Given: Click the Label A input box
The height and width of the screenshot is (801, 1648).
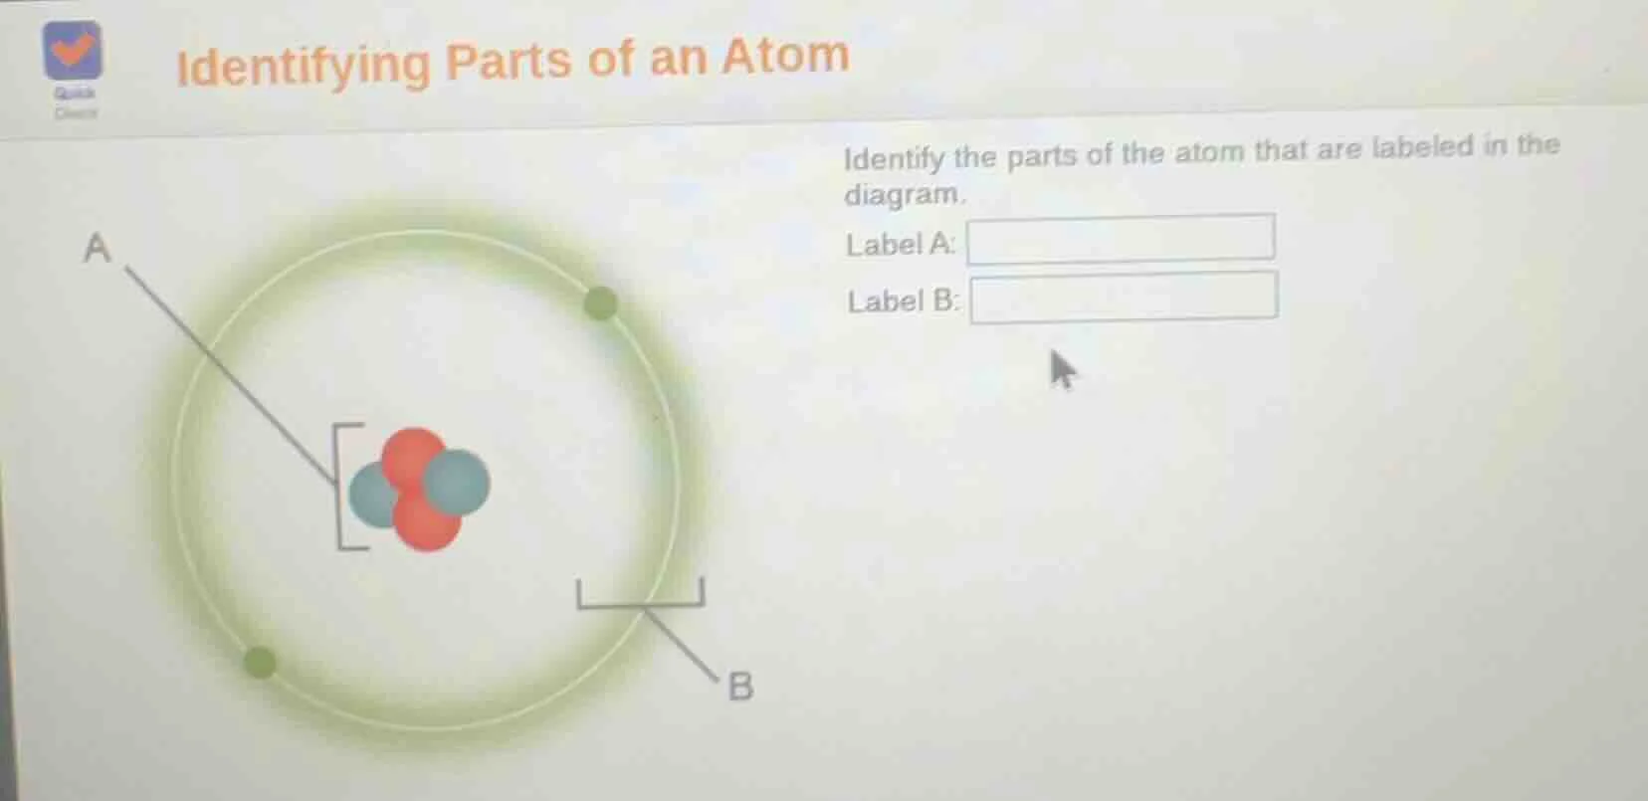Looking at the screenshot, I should click(x=1121, y=239).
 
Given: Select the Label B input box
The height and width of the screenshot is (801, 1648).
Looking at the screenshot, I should click(x=1124, y=297).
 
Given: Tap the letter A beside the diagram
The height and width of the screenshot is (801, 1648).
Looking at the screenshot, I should click(x=97, y=248).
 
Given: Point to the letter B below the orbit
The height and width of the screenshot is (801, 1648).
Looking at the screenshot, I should click(x=740, y=687).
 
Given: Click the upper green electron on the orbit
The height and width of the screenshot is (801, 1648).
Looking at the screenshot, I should click(x=599, y=302).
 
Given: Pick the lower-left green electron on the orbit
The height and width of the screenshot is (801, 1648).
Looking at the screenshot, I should click(x=260, y=662).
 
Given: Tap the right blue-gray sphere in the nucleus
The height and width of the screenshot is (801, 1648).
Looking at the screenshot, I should click(x=458, y=483).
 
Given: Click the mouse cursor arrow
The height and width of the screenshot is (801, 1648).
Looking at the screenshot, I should click(x=1062, y=369).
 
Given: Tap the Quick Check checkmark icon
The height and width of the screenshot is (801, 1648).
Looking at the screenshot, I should click(x=72, y=50).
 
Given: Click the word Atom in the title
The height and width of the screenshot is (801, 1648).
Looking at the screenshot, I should click(x=785, y=56).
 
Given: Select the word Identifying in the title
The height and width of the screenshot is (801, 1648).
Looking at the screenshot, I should click(x=303, y=67).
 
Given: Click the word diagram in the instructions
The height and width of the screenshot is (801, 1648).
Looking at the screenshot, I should click(x=904, y=193).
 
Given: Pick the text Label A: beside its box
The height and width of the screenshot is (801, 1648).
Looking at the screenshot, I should click(x=900, y=244).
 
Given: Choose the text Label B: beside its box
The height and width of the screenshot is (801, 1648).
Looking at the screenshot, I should click(x=903, y=300).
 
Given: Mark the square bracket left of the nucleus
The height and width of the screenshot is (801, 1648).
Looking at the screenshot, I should click(x=343, y=486).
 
